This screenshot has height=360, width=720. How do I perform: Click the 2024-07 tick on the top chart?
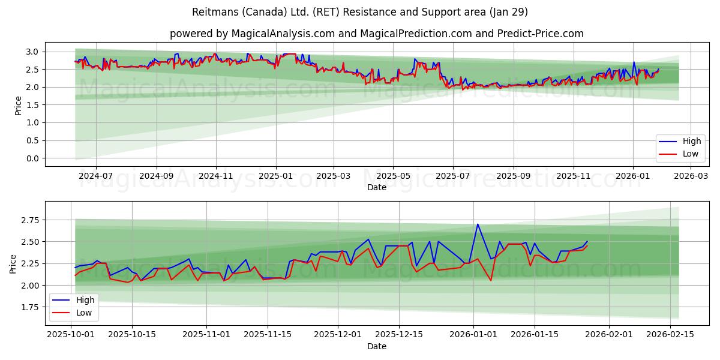pos(96,176)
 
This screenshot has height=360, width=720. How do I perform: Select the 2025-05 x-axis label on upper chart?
pos(394,176)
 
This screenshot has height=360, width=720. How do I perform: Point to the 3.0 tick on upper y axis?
pos(33,52)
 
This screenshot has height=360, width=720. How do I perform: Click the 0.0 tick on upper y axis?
pos(33,158)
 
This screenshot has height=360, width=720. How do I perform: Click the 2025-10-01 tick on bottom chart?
pos(71,334)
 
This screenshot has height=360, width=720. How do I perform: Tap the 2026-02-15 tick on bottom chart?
pos(670,334)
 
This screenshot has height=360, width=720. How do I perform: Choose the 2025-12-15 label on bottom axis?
pos(398,334)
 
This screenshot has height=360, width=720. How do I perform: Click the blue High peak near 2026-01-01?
pos(478,224)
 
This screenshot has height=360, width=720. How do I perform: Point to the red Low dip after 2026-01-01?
pos(491,280)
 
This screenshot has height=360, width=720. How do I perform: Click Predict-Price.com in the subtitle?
pos(540,34)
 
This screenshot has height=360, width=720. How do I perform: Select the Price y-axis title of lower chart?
pos(13,263)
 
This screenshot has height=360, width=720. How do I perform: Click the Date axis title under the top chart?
pos(376,187)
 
